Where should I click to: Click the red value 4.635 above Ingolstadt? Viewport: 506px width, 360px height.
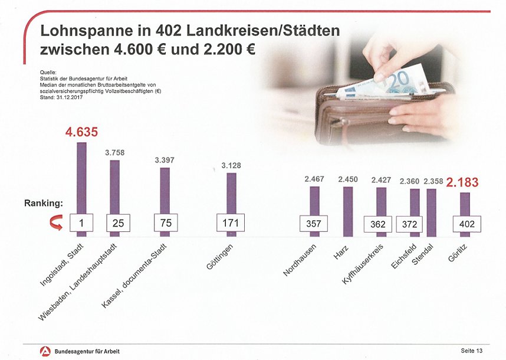tap(81, 132)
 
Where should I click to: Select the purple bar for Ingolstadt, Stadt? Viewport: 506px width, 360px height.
tap(81, 177)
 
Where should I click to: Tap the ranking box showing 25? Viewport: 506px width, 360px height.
tap(118, 224)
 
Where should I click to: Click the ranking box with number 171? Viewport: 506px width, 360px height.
tap(231, 223)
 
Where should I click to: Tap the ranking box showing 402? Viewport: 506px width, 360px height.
tap(467, 224)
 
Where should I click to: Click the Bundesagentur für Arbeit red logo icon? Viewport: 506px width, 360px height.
tap(43, 351)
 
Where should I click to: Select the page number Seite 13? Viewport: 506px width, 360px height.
tap(471, 351)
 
